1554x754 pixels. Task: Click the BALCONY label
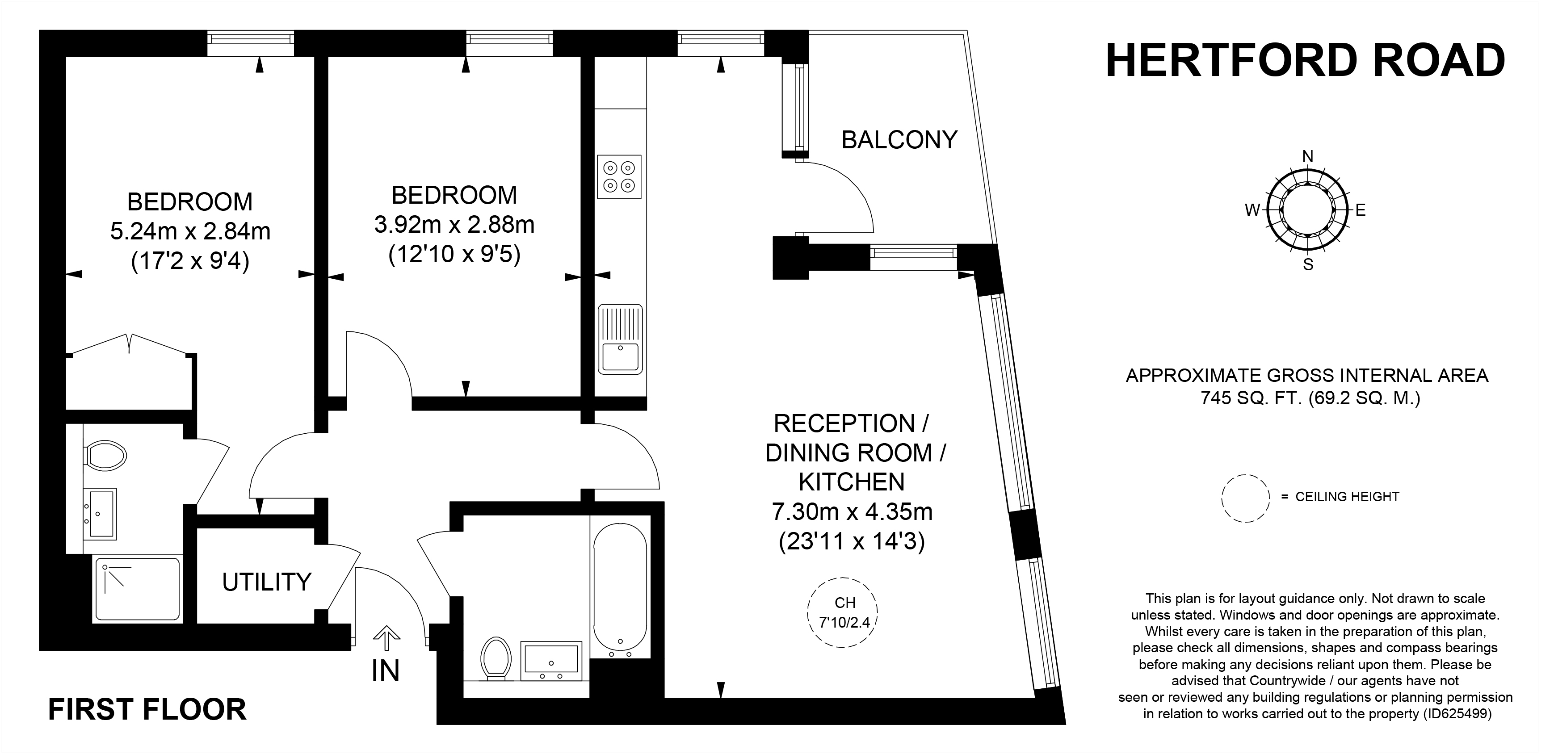(899, 140)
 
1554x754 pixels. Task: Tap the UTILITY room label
(267, 582)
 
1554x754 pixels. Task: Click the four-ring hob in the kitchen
(619, 177)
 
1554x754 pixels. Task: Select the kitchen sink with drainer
(620, 339)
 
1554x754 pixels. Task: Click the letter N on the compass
(1307, 157)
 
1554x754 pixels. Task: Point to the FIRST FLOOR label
(147, 709)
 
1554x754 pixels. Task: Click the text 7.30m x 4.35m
(852, 512)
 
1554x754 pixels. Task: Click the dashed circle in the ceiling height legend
(1246, 498)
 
